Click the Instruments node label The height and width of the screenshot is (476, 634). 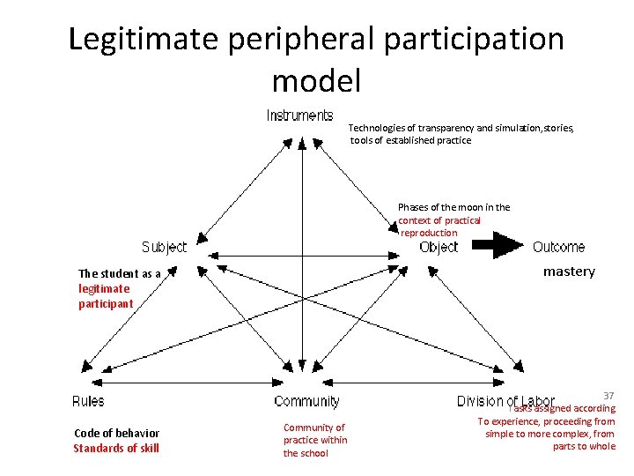coord(299,115)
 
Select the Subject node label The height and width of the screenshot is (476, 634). coord(165,247)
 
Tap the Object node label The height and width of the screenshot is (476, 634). coord(439,247)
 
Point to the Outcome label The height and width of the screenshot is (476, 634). coord(558,247)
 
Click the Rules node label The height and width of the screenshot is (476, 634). coord(88,401)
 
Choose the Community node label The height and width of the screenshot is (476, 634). coord(306,401)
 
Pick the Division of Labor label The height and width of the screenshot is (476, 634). coord(505,402)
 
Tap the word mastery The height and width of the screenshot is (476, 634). coord(569,271)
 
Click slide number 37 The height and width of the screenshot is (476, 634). coord(608,396)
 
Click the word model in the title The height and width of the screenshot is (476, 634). coord(316,81)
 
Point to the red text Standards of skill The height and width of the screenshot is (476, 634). coord(116,448)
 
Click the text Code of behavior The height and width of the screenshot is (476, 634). coord(116,433)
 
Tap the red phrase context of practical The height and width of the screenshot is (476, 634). coord(439,220)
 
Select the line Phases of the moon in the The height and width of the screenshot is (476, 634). coord(453,207)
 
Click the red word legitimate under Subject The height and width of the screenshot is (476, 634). coord(104,288)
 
